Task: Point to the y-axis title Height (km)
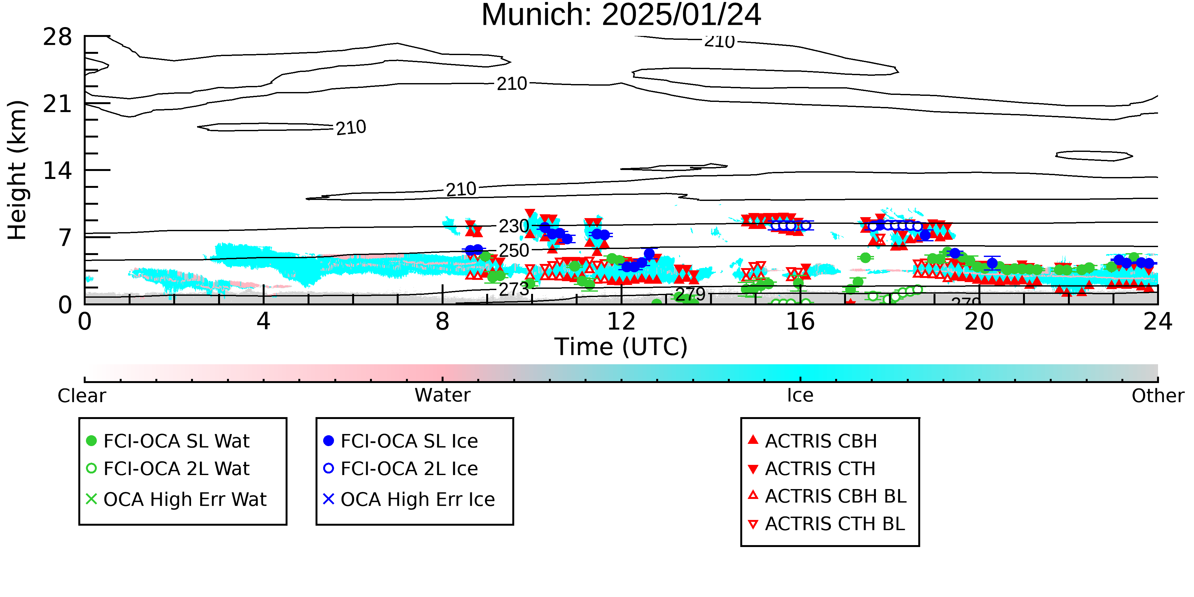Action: [18, 170]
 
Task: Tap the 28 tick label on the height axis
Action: [58, 37]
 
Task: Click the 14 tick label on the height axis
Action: [58, 171]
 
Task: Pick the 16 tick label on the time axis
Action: [800, 321]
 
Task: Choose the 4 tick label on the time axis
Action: [263, 321]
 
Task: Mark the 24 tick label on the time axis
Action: [1158, 321]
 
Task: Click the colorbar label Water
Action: [442, 395]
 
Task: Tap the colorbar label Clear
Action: [82, 396]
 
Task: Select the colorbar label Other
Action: [1158, 396]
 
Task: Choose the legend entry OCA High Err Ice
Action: [409, 500]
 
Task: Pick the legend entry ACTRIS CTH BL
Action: [827, 524]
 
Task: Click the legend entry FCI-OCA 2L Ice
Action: [401, 469]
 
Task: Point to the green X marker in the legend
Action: [91, 499]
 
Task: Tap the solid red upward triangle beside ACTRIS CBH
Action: [753, 439]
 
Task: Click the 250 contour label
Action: [514, 251]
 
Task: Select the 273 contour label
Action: [514, 289]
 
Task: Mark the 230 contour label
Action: [514, 226]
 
